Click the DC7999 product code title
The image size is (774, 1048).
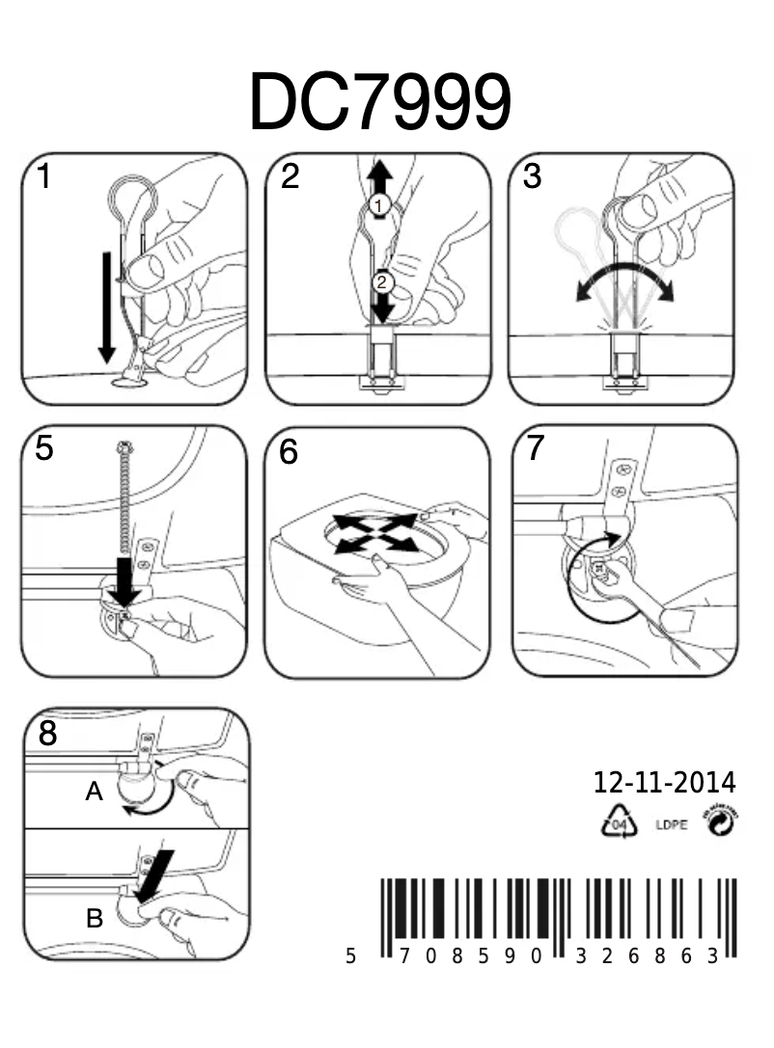click(x=379, y=102)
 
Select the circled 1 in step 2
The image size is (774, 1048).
click(x=379, y=205)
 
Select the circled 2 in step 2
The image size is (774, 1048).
click(x=383, y=282)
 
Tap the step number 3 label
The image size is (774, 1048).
click(x=533, y=179)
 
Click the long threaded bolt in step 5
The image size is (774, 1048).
click(x=123, y=501)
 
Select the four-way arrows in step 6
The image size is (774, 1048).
click(x=375, y=532)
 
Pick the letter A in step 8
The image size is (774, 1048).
click(x=94, y=793)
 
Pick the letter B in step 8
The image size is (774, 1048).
click(x=95, y=919)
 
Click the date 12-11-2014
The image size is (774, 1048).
click(x=664, y=782)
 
